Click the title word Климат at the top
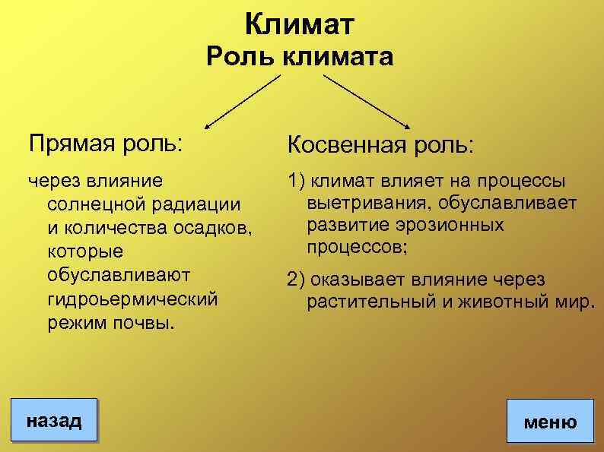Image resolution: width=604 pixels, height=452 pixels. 300,25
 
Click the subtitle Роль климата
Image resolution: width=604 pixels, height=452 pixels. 300,57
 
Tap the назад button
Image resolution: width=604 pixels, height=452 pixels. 53,420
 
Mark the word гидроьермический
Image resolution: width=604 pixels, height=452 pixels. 132,298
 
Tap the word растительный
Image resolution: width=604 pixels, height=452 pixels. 373,302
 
